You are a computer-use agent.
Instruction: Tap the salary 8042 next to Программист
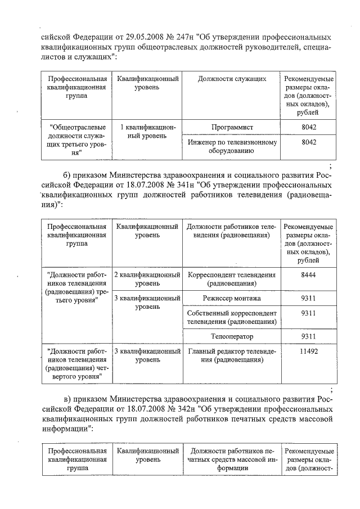tap(309, 128)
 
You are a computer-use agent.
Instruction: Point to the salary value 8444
tap(309, 275)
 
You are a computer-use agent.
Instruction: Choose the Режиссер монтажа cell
tap(232, 298)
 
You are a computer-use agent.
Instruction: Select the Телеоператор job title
tap(232, 337)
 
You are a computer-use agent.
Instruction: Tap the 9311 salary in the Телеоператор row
tap(309, 337)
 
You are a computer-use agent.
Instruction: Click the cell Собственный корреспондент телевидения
tap(232, 317)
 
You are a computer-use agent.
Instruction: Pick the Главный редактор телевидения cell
tap(232, 356)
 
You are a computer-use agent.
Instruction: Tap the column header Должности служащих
tap(232, 79)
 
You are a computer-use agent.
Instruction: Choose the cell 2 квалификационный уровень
tap(148, 279)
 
